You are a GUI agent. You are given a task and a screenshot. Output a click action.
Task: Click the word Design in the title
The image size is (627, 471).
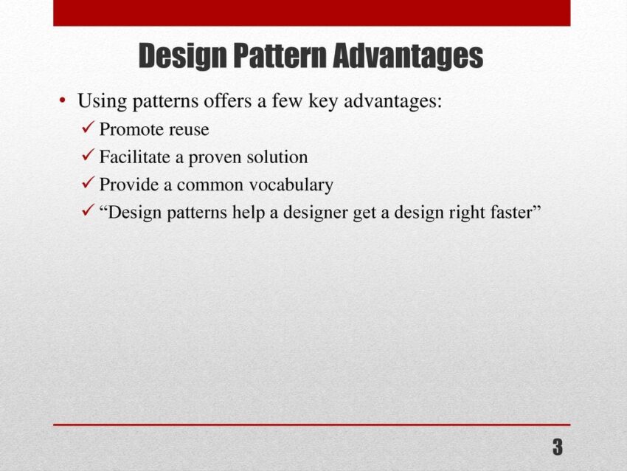[x=183, y=56]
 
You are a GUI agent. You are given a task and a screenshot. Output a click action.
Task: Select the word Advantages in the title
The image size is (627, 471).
[x=408, y=56]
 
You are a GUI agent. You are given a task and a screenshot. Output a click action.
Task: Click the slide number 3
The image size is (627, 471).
[x=558, y=447]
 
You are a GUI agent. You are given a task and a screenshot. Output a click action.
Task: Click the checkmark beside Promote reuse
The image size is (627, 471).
[x=89, y=127]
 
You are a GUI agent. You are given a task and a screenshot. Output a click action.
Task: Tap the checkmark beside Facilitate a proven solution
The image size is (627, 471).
[x=89, y=155]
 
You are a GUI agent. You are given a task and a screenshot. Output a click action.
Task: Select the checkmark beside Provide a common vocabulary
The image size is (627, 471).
[x=89, y=182]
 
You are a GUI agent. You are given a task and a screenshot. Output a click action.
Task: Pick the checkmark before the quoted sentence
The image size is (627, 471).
[x=89, y=210]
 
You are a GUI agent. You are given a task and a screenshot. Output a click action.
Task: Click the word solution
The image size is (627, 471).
[x=277, y=157]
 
